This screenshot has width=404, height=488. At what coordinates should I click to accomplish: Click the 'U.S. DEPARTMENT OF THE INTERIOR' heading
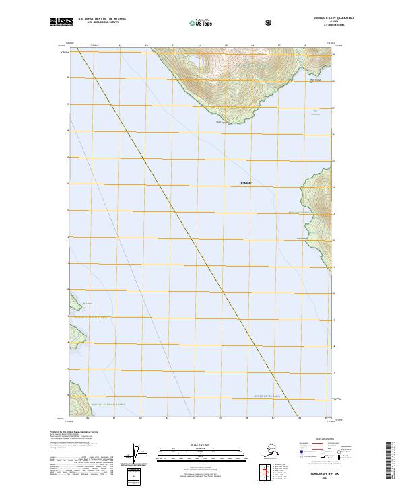102,18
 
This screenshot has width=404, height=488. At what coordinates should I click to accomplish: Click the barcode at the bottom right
389,462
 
